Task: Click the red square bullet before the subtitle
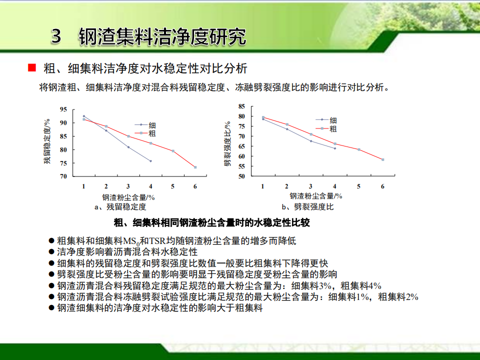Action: click(32, 67)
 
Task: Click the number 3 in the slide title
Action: click(56, 36)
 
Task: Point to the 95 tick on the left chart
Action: click(63, 109)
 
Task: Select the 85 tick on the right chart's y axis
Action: click(242, 106)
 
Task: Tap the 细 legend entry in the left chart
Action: click(152, 125)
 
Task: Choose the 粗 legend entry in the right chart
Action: click(333, 129)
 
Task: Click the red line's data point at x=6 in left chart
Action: click(195, 167)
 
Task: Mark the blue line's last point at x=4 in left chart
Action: click(150, 161)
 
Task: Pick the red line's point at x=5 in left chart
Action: click(173, 151)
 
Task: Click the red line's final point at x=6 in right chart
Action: click(382, 159)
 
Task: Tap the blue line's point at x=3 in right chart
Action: click(311, 141)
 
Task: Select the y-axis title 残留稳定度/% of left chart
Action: click(47, 141)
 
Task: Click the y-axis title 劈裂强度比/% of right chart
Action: click(227, 144)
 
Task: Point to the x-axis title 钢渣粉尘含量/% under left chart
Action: click(128, 197)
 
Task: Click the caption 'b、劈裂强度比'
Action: click(307, 207)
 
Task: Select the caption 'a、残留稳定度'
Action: click(120, 207)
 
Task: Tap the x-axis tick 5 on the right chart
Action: click(358, 186)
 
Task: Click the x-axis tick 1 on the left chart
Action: click(83, 186)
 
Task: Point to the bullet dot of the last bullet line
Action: click(51, 307)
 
